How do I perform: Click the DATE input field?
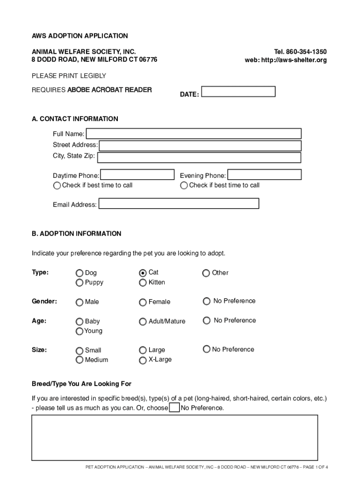(238, 91)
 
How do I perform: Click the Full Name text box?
(194, 134)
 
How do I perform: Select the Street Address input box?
(200, 145)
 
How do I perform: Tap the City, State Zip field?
(199, 158)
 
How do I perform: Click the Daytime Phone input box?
(137, 175)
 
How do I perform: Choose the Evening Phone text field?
(264, 175)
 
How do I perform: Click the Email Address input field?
(179, 203)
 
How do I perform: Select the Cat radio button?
(143, 273)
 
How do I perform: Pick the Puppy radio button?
(79, 283)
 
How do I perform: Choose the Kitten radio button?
(143, 283)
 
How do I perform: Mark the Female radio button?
(143, 302)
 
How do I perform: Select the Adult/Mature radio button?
(143, 321)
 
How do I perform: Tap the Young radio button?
(79, 331)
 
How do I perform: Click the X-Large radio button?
(143, 360)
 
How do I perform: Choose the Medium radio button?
(79, 360)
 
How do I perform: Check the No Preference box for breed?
(174, 408)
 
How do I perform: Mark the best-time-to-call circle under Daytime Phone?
(57, 186)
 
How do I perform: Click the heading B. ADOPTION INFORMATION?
(76, 233)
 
